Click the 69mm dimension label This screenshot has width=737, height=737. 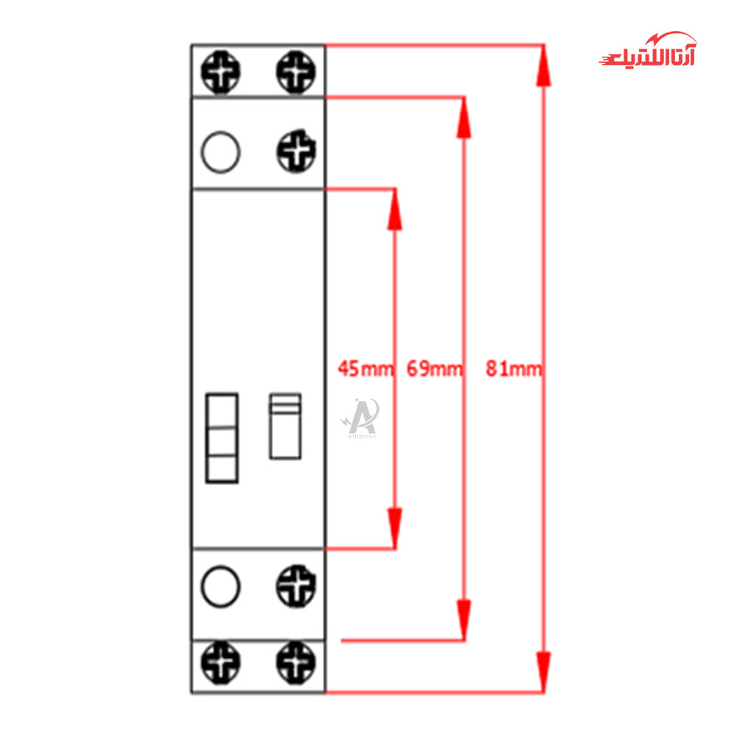tap(435, 368)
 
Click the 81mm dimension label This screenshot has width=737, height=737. tap(514, 368)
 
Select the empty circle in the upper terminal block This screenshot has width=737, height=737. tap(220, 153)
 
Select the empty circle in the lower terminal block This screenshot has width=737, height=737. tap(220, 587)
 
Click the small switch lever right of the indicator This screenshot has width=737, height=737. tap(285, 426)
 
